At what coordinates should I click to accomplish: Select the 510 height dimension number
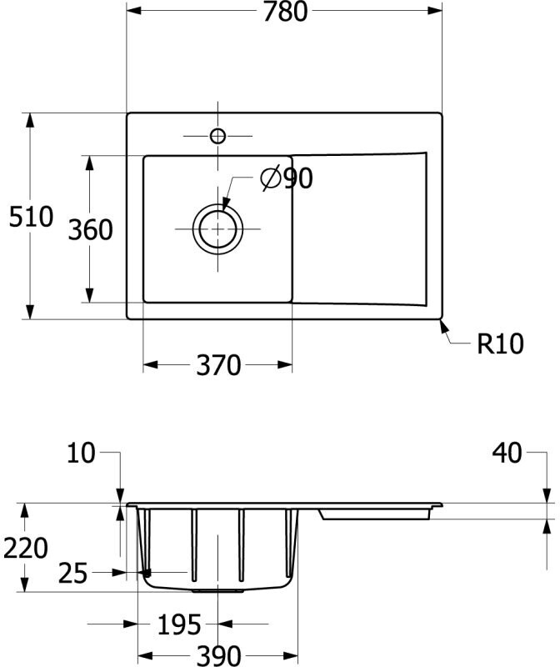coord(31,217)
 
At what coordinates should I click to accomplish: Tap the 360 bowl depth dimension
coord(90,229)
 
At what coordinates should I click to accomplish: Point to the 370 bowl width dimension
coord(217,365)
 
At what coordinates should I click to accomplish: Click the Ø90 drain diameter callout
coord(287,178)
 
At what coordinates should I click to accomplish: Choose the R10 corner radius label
coord(500,344)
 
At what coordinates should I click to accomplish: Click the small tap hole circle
coord(218,136)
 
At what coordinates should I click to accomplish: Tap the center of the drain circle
coord(218,228)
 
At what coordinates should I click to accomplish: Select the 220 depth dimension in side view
coord(25,548)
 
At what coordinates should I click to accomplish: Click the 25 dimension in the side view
coord(73,573)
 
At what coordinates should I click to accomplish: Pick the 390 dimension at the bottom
coord(218,655)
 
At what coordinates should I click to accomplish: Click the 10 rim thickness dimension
coord(82,454)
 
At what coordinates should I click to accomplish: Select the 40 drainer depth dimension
coord(507,454)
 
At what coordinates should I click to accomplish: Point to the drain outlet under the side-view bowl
coord(218,590)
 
